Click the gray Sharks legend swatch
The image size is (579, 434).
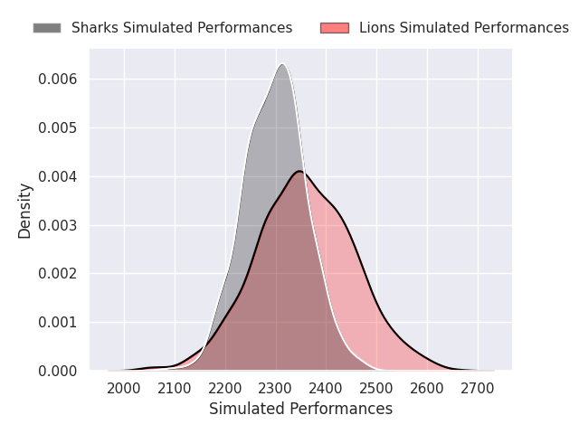click(47, 28)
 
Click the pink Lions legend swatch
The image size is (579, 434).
click(335, 28)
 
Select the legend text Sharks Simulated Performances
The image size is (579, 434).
click(182, 28)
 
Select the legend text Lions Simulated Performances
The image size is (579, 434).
click(464, 28)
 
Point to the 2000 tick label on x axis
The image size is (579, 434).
click(125, 388)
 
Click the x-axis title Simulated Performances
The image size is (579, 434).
click(300, 409)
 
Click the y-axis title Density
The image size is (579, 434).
click(25, 211)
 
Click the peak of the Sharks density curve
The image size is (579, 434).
click(283, 64)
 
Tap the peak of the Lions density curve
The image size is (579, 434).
click(300, 171)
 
